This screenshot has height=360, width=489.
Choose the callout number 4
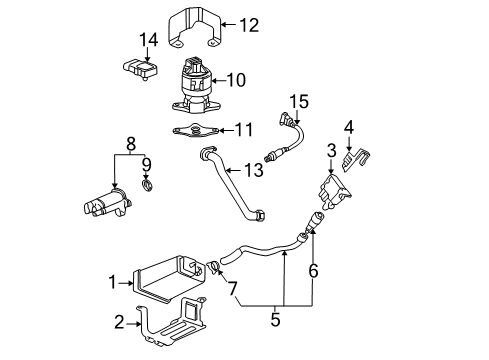pos(349,126)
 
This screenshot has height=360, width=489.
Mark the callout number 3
pos(331,151)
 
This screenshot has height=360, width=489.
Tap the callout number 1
pos(114,283)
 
